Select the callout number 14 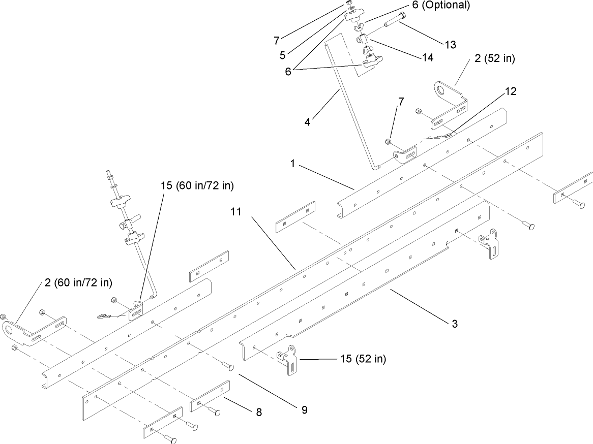point(427,58)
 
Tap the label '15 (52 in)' point(363,359)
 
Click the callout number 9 point(304,409)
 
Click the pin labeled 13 point(393,22)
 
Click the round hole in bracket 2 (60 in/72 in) point(9,332)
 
